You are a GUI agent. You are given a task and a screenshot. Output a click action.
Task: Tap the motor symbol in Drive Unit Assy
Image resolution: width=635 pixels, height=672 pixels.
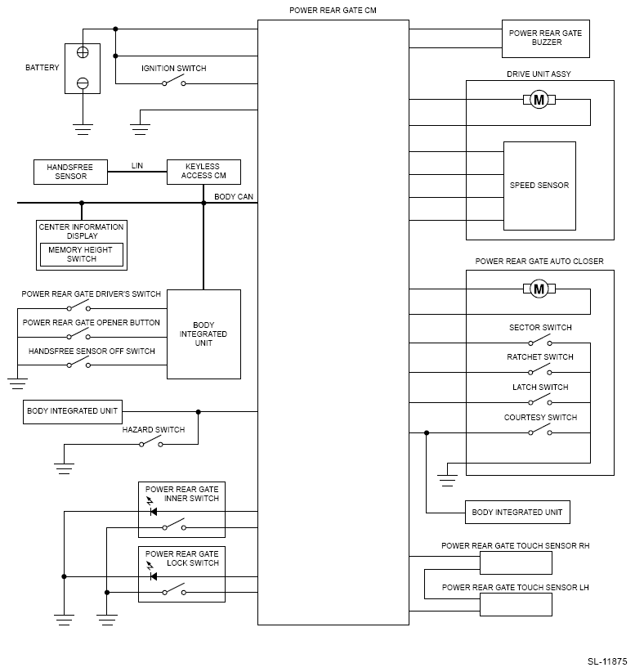click(x=539, y=100)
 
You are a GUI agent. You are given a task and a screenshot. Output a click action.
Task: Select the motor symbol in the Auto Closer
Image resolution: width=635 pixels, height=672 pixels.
click(x=539, y=289)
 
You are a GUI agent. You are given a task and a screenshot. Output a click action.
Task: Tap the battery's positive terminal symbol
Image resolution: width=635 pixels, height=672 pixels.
click(x=83, y=52)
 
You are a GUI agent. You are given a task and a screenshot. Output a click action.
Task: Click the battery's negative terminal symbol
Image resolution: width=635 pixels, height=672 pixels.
click(x=83, y=83)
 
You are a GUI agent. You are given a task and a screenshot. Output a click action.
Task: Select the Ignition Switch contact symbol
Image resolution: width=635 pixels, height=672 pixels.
click(x=173, y=81)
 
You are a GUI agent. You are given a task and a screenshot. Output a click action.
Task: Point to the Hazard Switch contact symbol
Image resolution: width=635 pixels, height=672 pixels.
click(x=151, y=442)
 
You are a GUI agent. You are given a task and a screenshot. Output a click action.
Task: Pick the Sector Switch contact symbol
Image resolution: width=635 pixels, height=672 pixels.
click(x=540, y=341)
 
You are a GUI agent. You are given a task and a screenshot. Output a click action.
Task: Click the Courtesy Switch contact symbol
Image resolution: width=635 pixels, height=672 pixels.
click(x=540, y=430)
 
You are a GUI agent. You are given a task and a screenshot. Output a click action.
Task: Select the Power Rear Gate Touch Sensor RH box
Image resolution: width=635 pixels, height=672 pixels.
click(x=516, y=562)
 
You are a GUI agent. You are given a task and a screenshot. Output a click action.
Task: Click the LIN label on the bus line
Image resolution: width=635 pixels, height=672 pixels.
click(x=137, y=165)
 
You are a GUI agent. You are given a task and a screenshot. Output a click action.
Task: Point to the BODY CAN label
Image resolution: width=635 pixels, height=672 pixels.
click(x=234, y=197)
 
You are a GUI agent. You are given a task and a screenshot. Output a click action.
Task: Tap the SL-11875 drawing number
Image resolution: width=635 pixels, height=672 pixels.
click(x=607, y=661)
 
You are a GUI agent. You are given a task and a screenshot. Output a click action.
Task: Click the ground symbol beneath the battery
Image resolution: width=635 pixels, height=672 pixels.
click(x=83, y=129)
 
